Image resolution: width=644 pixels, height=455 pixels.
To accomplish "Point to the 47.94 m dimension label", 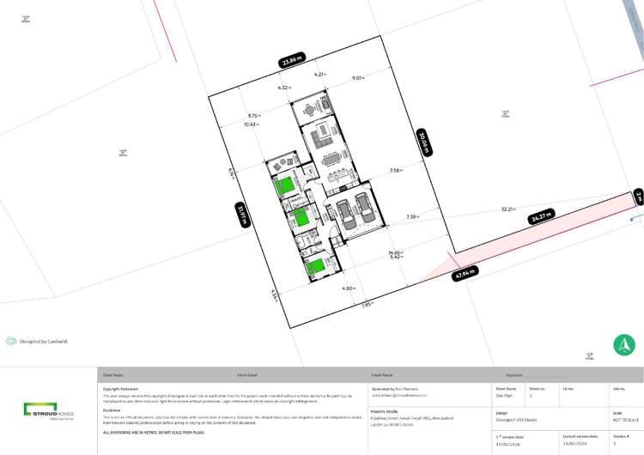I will [x=465, y=275].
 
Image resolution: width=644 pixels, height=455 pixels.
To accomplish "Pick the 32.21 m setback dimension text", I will [x=507, y=209].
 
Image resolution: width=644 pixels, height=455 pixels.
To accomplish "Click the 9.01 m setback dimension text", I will [x=358, y=78].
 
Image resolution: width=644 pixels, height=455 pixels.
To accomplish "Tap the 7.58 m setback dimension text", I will [x=395, y=170].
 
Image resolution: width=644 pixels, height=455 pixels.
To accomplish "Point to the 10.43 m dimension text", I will [x=251, y=124].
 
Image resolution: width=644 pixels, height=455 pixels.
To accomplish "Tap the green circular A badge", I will [x=624, y=345].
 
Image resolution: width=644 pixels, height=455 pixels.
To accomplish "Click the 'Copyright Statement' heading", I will [x=120, y=388].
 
